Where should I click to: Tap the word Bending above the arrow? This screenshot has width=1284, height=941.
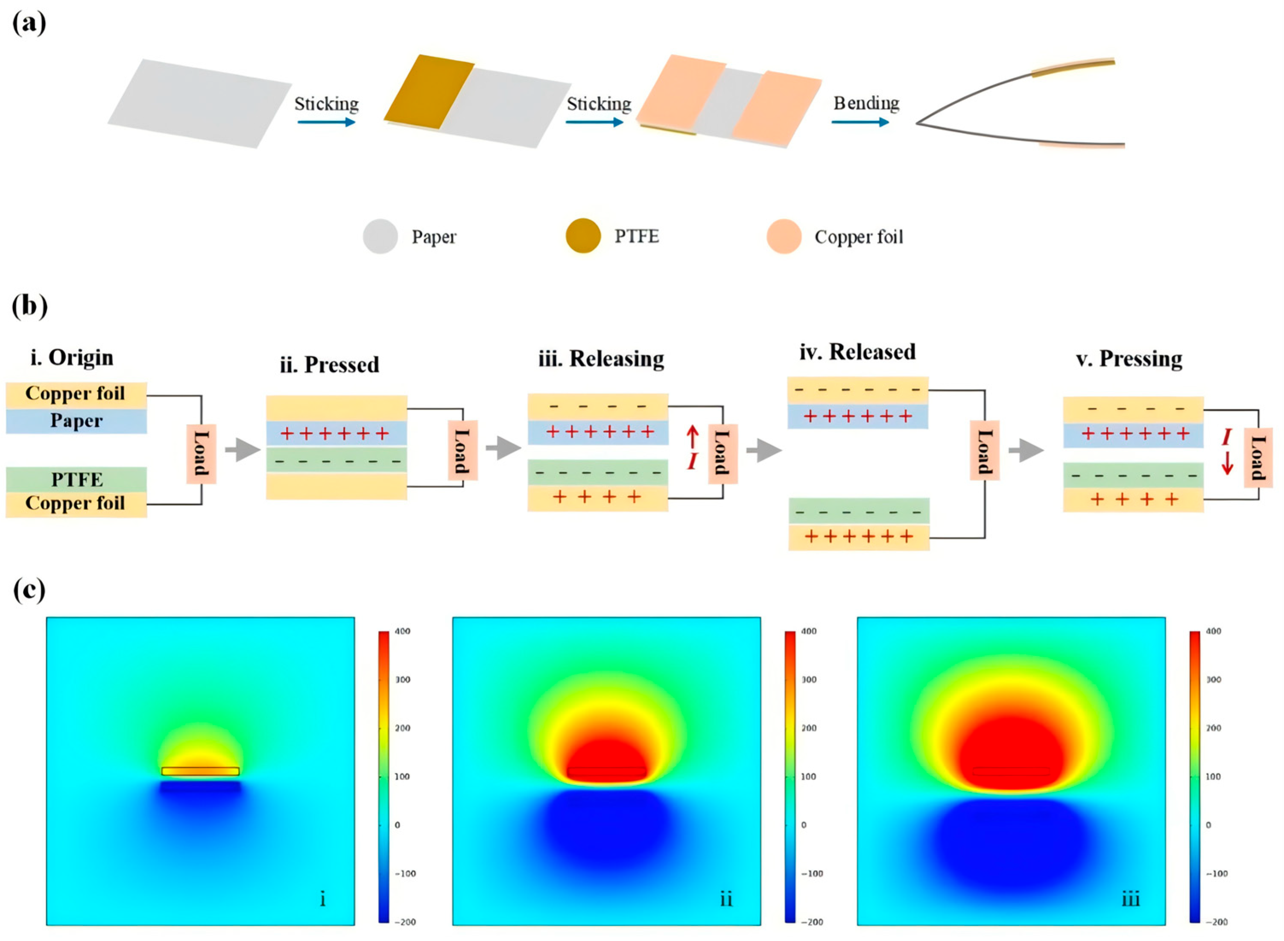[x=866, y=103]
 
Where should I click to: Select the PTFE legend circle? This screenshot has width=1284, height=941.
[x=582, y=236]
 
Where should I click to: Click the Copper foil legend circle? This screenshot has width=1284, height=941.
[x=784, y=236]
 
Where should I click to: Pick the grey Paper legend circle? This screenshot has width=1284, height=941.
[x=380, y=236]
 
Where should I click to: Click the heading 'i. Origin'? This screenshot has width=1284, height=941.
[x=72, y=358]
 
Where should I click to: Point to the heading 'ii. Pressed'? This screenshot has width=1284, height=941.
[x=329, y=364]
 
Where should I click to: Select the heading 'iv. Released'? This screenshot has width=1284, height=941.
[x=857, y=352]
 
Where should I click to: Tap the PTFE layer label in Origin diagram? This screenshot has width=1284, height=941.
[x=77, y=480]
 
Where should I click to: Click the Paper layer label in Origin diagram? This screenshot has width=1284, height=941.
[x=76, y=421]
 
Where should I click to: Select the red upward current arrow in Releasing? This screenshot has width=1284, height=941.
[x=693, y=437]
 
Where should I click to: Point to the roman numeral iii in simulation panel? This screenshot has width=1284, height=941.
[x=1130, y=900]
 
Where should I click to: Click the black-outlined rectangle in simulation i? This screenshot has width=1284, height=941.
[x=200, y=771]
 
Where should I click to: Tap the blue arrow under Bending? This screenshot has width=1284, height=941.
[x=860, y=122]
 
